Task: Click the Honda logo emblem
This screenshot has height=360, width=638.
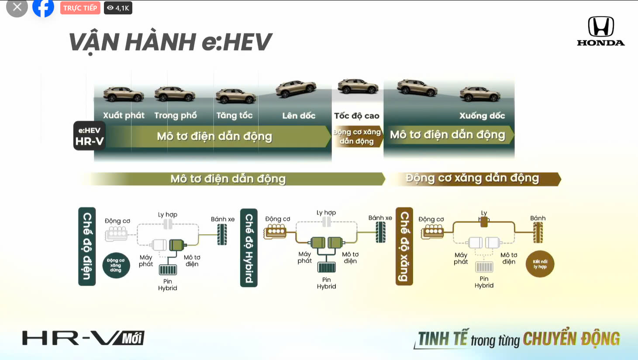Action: click(601, 26)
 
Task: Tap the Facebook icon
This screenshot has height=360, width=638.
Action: click(43, 7)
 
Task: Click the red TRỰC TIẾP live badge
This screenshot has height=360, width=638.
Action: click(80, 8)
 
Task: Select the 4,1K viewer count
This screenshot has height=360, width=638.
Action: click(118, 8)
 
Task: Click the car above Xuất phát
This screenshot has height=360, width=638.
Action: click(124, 94)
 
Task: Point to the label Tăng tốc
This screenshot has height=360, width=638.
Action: click(235, 115)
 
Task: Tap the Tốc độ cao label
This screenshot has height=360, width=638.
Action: click(357, 116)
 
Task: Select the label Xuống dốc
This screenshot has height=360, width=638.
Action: click(482, 116)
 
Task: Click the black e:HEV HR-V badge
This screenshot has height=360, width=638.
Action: click(90, 136)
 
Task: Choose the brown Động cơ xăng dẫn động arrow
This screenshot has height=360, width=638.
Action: click(473, 179)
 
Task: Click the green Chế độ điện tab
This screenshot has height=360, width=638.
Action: click(87, 246)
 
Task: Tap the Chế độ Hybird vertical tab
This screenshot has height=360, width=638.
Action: click(249, 248)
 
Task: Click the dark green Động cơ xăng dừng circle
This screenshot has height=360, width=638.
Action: click(116, 265)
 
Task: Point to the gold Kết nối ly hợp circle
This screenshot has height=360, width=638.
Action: click(540, 264)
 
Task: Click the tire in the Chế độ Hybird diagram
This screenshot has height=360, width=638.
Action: click(381, 232)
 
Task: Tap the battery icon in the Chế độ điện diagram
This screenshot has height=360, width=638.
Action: click(168, 270)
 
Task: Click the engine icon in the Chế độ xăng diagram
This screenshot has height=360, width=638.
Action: click(432, 232)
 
